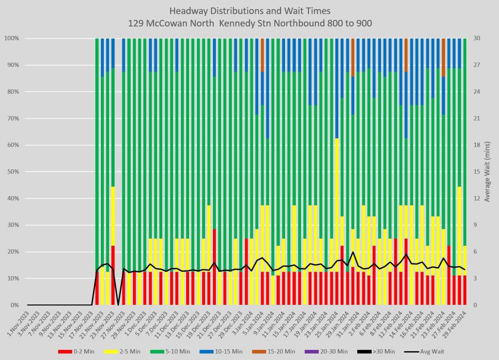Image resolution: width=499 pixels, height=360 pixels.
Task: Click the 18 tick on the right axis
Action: pyautogui.click(x=475, y=145)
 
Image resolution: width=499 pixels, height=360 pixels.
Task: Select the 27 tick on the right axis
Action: pyautogui.click(x=475, y=65)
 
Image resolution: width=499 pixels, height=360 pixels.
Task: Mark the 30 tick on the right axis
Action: pyautogui.click(x=475, y=38)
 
